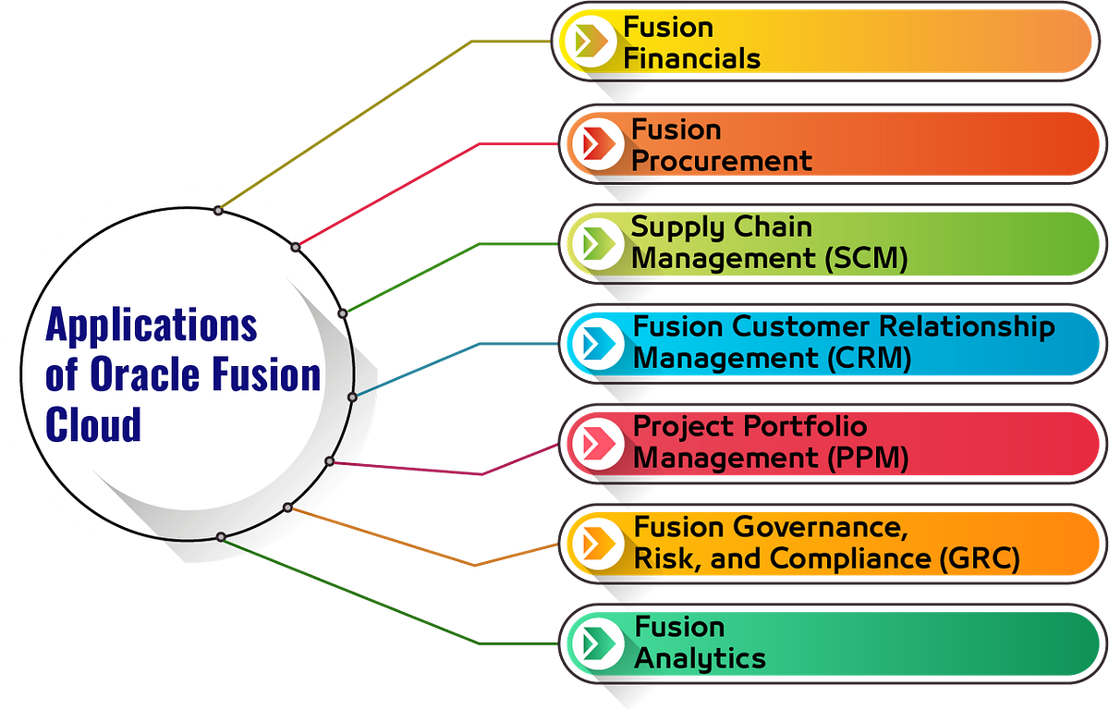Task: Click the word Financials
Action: (x=692, y=59)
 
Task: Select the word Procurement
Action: (x=722, y=161)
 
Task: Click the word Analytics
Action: (x=700, y=658)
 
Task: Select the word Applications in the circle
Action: (x=152, y=325)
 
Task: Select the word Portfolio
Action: (x=800, y=426)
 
